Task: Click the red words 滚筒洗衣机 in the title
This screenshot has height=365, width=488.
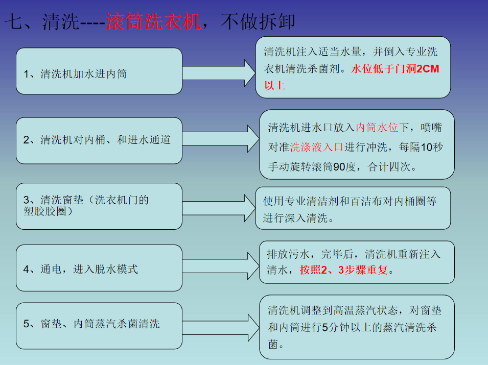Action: tap(153, 22)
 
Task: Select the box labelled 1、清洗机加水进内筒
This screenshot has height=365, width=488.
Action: tap(99, 71)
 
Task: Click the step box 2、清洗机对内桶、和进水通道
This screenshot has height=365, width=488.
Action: tap(99, 140)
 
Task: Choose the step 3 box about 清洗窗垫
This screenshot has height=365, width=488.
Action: tap(99, 206)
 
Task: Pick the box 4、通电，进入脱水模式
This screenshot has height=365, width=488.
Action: tap(99, 268)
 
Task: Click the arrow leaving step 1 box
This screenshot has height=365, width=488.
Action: tap(219, 72)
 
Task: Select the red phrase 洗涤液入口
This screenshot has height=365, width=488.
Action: tap(317, 148)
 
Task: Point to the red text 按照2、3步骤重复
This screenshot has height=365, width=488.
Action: tap(344, 270)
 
